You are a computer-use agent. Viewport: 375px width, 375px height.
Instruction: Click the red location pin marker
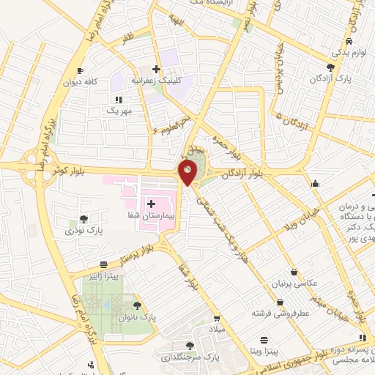pyautogui.click(x=188, y=173)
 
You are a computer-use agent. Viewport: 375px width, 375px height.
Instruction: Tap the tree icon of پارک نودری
pyautogui.click(x=86, y=218)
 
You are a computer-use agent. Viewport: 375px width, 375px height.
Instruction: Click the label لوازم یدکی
pyautogui.click(x=347, y=53)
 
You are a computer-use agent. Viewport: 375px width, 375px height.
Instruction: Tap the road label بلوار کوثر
pyautogui.click(x=61, y=170)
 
